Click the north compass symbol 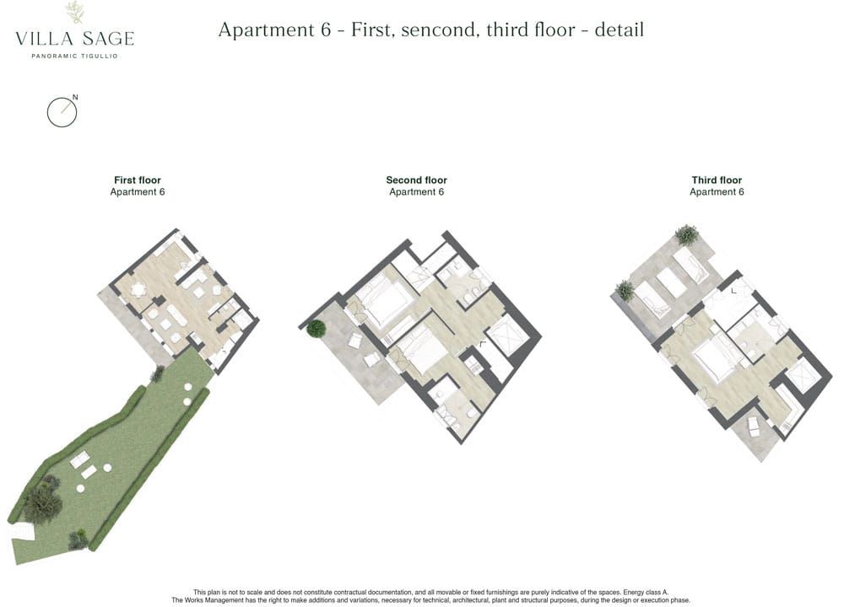62,112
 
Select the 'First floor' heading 138,180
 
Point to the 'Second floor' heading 417,180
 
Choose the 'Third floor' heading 717,180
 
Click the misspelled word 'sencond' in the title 440,30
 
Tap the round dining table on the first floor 139,291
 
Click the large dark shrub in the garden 42,503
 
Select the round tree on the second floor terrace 316,329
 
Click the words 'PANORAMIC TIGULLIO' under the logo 74,56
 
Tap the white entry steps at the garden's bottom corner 23,532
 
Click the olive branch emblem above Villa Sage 75,13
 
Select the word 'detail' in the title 619,30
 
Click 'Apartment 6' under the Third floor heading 717,192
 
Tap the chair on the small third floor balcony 754,427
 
